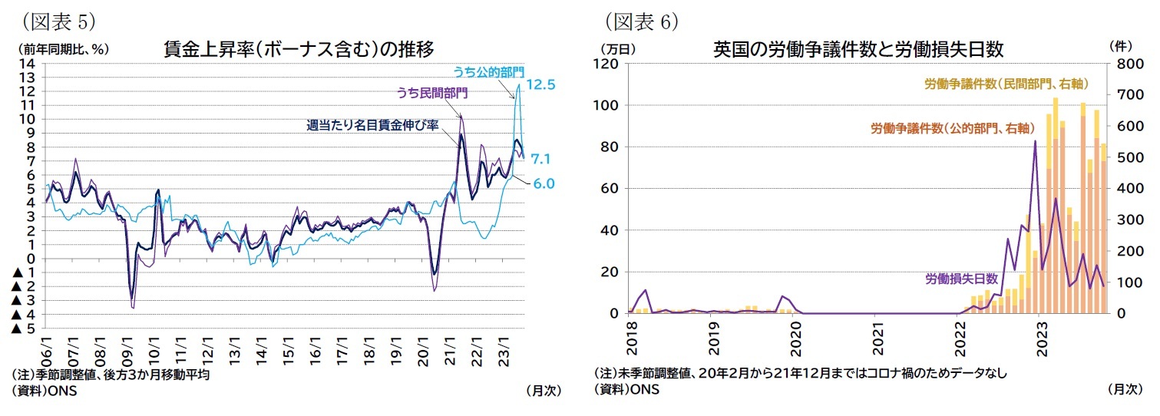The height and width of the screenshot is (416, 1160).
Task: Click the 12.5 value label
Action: tap(540, 84)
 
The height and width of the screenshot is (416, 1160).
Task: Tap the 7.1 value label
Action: tap(540, 159)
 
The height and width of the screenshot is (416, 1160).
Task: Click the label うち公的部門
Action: tap(488, 71)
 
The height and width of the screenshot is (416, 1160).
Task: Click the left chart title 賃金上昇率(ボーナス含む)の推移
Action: tap(299, 49)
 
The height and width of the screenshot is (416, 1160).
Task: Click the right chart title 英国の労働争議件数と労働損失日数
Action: tap(858, 49)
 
